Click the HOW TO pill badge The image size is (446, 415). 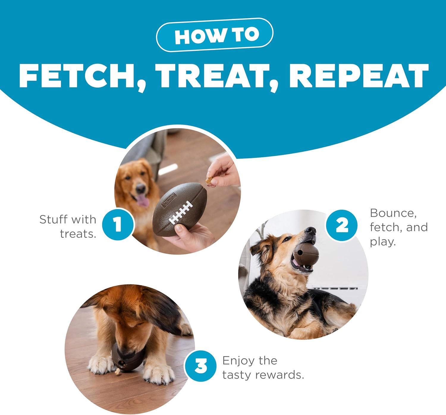[x=214, y=35]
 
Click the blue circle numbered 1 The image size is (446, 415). [x=118, y=224]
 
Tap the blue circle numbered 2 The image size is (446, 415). [x=341, y=225]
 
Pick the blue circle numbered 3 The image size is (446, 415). [x=200, y=366]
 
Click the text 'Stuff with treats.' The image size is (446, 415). [x=68, y=226]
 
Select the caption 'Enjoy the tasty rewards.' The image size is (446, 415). [x=263, y=368]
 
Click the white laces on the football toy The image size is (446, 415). [x=180, y=212]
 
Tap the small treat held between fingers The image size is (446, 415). [x=209, y=180]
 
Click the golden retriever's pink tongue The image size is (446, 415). [x=143, y=201]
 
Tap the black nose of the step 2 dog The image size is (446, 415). [x=310, y=230]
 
